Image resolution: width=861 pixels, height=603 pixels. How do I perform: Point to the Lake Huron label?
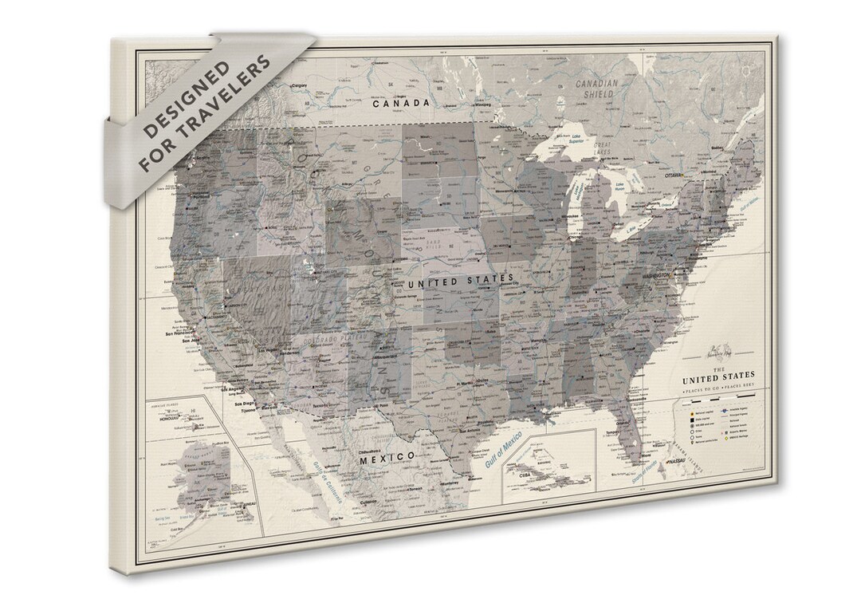click(x=623, y=186)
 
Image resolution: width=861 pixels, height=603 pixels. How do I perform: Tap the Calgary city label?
click(x=300, y=85)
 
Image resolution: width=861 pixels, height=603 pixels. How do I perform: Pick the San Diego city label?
click(x=245, y=404)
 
